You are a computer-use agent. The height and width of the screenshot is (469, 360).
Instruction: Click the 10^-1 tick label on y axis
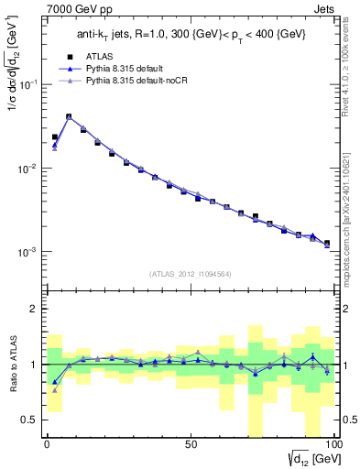pyautogui.click(x=30, y=84)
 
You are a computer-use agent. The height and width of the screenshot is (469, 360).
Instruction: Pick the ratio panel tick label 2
pyautogui.click(x=35, y=309)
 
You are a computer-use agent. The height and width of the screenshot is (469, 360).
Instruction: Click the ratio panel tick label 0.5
pyautogui.click(x=30, y=420)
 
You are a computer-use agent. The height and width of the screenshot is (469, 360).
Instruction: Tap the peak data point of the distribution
pyautogui.click(x=69, y=116)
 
